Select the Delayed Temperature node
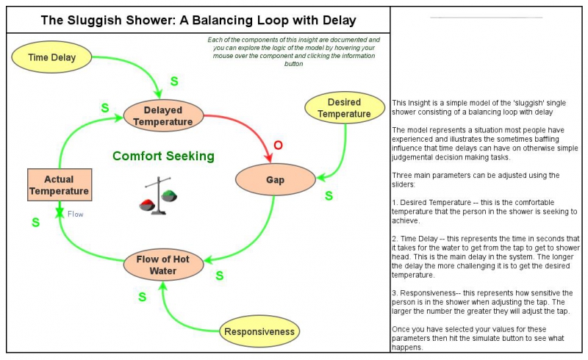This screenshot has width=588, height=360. (x=162, y=115)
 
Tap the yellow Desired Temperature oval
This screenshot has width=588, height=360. (x=344, y=108)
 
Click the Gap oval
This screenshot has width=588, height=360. (x=275, y=179)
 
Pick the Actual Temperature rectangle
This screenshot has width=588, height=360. (x=60, y=185)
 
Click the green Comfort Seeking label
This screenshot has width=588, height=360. (x=163, y=156)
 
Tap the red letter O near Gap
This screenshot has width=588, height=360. (x=277, y=145)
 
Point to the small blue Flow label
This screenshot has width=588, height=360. (x=76, y=215)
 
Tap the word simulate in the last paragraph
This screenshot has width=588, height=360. (x=525, y=339)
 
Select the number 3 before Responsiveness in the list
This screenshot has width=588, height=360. (x=394, y=293)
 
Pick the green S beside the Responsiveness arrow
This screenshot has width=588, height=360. (x=143, y=297)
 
